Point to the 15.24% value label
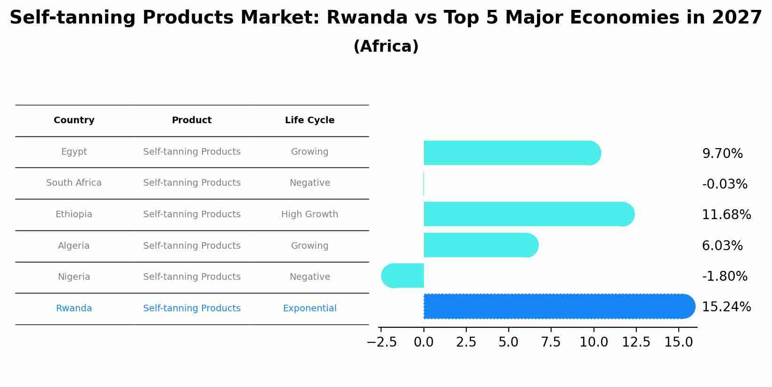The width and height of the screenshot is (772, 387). [x=726, y=307]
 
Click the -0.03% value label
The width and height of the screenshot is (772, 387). [x=724, y=184]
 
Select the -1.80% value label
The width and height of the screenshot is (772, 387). [x=724, y=276]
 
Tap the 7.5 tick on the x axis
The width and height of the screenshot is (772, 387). [x=551, y=342]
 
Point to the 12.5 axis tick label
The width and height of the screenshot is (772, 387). [x=636, y=342]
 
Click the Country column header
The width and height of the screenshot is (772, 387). [x=74, y=120]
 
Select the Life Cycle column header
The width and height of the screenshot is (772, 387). [x=309, y=120]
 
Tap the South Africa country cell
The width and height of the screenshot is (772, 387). [x=74, y=183]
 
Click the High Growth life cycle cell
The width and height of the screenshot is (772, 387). [x=309, y=214]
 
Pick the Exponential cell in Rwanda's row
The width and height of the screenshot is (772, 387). [x=309, y=308]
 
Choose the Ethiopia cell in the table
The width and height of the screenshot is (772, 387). [x=74, y=214]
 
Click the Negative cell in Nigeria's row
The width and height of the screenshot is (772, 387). [x=309, y=277]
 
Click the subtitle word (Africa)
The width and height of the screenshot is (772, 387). [x=386, y=47]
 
